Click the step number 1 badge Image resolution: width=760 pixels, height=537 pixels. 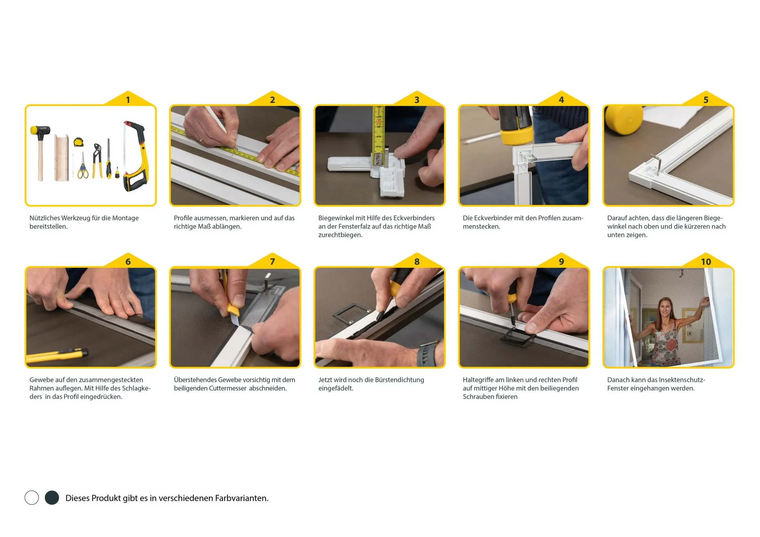(x=128, y=100)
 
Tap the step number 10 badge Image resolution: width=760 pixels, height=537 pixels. (x=706, y=262)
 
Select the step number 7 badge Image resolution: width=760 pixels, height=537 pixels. (x=272, y=262)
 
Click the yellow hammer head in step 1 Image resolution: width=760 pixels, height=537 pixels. (x=40, y=130)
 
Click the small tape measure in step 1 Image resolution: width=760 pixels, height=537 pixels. (x=78, y=142)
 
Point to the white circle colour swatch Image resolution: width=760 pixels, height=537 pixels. (x=32, y=497)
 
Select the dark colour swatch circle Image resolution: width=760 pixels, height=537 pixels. (x=52, y=497)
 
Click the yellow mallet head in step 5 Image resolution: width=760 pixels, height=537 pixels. (x=623, y=119)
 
